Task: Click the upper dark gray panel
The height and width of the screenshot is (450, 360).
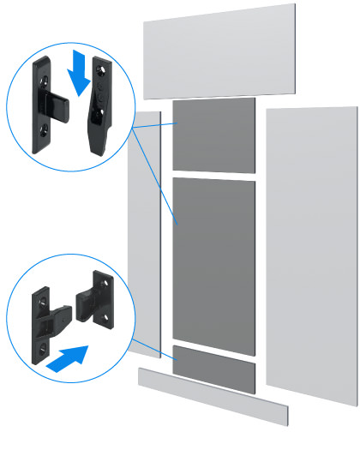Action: coord(213,135)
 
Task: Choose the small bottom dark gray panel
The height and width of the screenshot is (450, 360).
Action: coord(213,367)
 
